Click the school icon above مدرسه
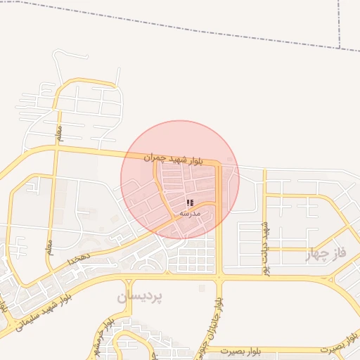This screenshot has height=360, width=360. pos(189,202)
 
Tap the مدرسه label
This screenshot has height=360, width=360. pos(190,212)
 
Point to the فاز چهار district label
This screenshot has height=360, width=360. pos(327,255)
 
